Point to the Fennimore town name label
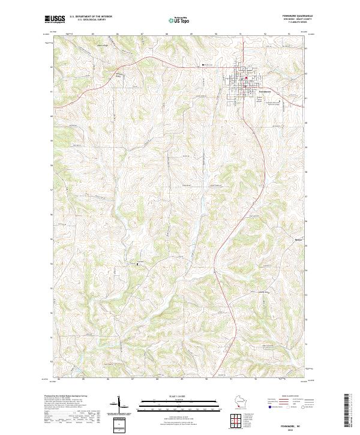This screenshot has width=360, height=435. (247, 91)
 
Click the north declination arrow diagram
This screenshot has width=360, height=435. (119, 404)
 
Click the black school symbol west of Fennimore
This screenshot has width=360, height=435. (203, 64)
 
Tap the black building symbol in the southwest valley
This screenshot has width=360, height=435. (138, 263)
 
